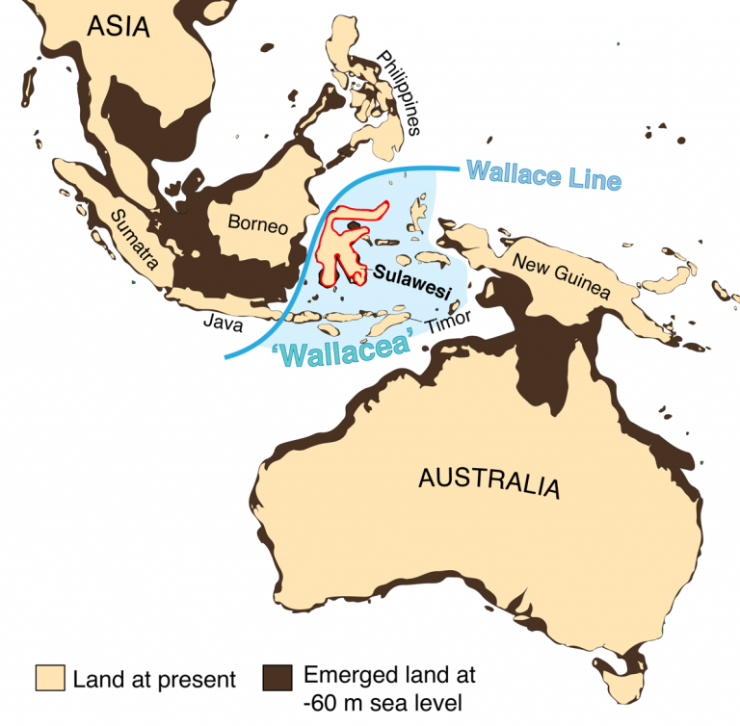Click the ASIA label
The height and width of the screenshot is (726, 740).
(119, 26)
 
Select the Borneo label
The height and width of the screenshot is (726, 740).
(257, 225)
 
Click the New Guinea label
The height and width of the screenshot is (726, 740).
(560, 276)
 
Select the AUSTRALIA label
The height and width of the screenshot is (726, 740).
(488, 480)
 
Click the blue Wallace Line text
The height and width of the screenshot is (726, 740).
(544, 176)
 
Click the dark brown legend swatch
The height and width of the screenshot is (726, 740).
(278, 678)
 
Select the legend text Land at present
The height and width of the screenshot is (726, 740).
(154, 680)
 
